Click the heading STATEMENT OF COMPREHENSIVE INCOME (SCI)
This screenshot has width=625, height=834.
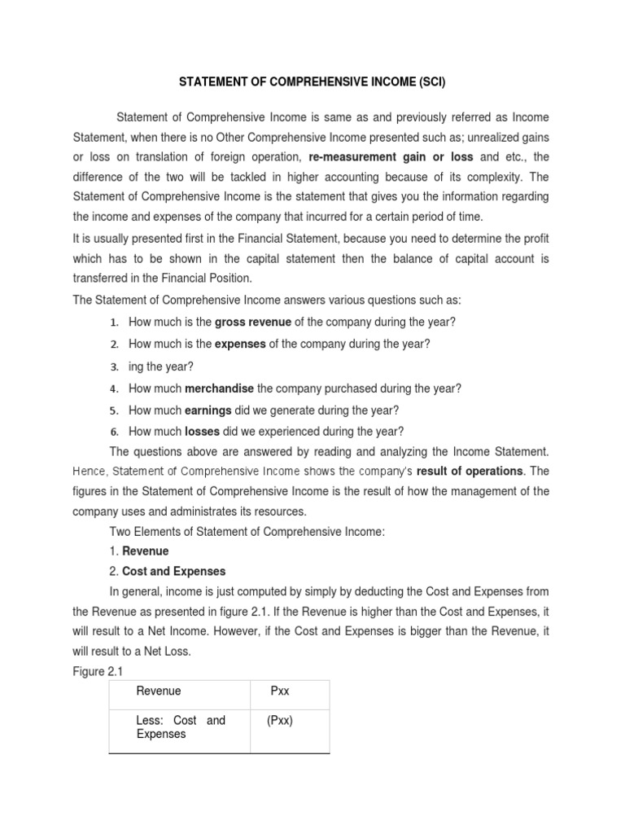tap(312, 83)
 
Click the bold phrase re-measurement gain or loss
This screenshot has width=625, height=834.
tap(392, 157)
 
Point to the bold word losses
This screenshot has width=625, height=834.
tap(203, 432)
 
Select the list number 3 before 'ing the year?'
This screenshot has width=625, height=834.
tap(116, 367)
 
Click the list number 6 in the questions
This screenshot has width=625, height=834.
tap(116, 432)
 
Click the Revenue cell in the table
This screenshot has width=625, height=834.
tap(159, 691)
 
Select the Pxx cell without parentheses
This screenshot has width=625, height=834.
tap(281, 691)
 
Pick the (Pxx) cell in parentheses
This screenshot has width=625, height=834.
tap(281, 721)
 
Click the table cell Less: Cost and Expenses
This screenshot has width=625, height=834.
tap(180, 727)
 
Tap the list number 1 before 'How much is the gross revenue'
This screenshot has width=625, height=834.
tap(116, 323)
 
